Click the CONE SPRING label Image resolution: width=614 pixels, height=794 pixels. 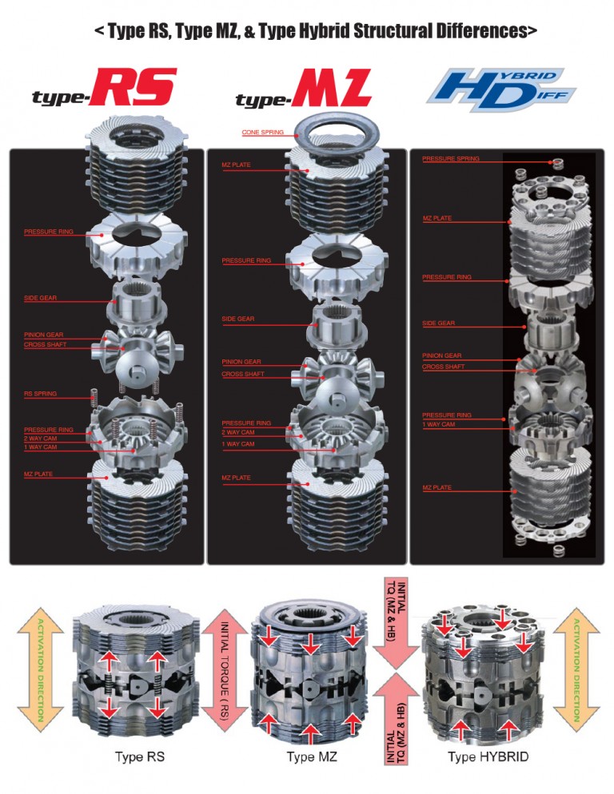[263, 132]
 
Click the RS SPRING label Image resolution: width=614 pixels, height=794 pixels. [40, 394]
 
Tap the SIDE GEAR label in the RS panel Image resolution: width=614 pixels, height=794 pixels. [40, 298]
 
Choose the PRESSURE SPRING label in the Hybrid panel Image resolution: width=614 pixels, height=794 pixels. [450, 158]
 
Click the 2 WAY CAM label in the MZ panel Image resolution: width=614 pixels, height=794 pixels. [237, 432]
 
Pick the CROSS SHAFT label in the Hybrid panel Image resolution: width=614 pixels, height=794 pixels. [443, 366]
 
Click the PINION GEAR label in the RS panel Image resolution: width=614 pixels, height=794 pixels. [43, 335]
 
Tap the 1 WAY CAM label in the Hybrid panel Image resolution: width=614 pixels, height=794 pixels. [439, 424]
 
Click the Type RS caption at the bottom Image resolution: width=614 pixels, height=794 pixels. [139, 756]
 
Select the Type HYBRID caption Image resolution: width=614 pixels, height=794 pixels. [488, 756]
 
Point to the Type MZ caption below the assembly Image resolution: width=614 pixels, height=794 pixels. [311, 756]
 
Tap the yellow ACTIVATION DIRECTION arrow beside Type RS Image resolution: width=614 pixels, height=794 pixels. [41, 669]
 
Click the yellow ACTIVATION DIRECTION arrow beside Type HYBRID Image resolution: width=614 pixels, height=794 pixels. [576, 669]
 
